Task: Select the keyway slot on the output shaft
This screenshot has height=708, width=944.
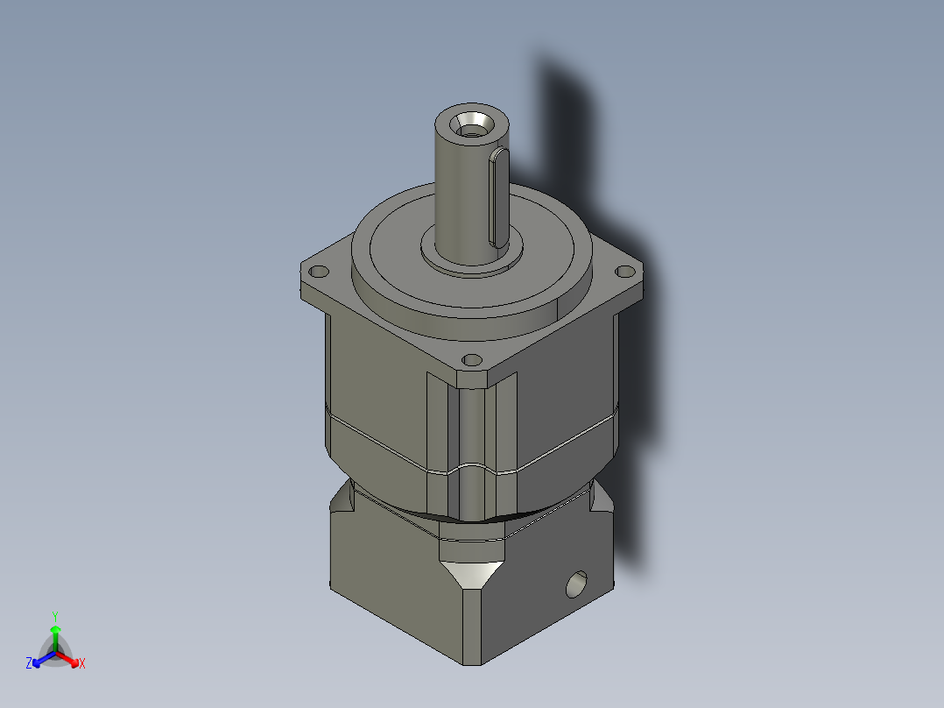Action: click(497, 197)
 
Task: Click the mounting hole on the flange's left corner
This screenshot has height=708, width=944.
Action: click(317, 271)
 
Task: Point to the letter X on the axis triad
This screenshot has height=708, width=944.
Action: click(81, 664)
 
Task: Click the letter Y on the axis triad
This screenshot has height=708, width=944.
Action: click(55, 615)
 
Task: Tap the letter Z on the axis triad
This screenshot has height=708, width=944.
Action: click(29, 664)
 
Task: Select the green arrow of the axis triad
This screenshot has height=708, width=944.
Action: click(55, 633)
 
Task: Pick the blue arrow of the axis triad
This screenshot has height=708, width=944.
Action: click(40, 659)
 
